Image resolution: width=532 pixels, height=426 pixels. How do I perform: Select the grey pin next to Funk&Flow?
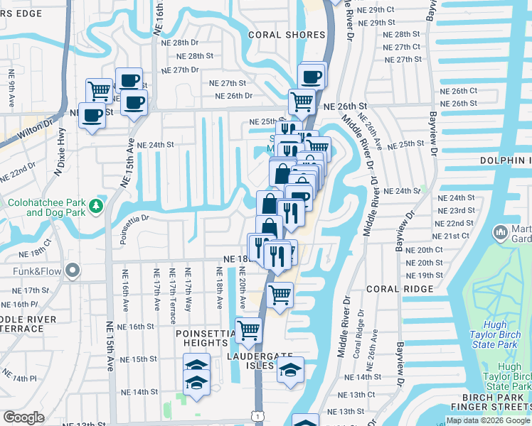(x=71, y=271)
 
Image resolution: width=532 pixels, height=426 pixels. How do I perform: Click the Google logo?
(x=23, y=417)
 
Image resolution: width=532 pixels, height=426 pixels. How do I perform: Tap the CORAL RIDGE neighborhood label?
(x=400, y=289)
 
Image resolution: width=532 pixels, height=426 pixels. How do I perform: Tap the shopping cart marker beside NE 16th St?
(x=248, y=329)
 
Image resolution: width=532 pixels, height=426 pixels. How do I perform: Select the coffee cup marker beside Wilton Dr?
(x=92, y=115)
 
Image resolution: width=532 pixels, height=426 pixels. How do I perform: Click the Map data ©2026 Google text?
(x=488, y=420)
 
